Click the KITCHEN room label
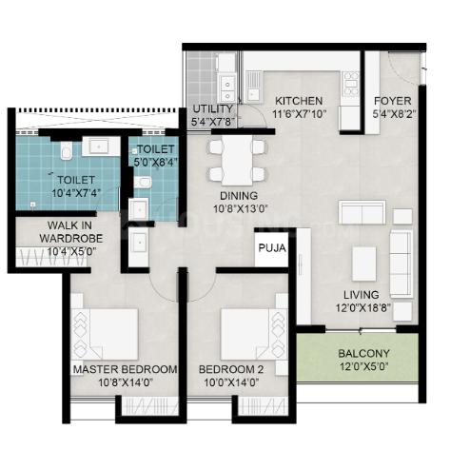pos(299,101)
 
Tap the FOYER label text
pos(393,101)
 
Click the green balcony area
pos(358,358)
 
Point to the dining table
pos(237,161)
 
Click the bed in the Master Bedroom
pos(105,334)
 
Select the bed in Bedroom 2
pos(254,334)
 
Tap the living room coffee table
pos(364,264)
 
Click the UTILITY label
pos(213,108)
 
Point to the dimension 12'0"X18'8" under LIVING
pos(362,308)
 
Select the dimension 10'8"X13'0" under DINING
pos(241,209)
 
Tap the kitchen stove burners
pos(351,84)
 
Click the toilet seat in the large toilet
pos(67,150)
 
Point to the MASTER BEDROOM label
pos(125,369)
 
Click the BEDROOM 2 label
pos(231,369)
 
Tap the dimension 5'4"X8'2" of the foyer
pos(394,114)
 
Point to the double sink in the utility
pos(227,86)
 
